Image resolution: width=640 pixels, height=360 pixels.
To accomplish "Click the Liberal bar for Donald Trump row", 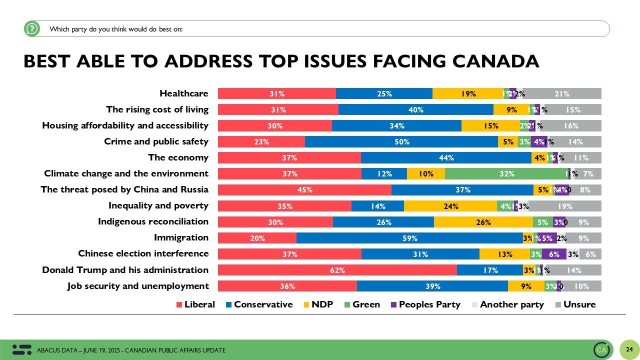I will pyautogui.click(x=337, y=270).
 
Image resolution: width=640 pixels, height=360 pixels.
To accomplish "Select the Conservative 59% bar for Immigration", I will pyautogui.click(x=410, y=238).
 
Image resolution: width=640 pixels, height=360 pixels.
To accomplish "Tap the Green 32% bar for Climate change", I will pyautogui.click(x=506, y=174).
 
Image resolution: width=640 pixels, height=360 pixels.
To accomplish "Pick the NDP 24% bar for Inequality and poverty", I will pyautogui.click(x=450, y=206).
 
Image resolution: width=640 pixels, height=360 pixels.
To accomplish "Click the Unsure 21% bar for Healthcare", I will pyautogui.click(x=562, y=93).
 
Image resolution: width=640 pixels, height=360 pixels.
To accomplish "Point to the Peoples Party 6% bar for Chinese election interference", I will pyautogui.click(x=554, y=254).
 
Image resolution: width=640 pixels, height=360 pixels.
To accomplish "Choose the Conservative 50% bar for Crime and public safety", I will pyautogui.click(x=401, y=142).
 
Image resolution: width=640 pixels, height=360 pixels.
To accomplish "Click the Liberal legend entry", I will pyautogui.click(x=195, y=304).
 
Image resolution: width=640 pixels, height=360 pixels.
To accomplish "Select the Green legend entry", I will pyautogui.click(x=361, y=304).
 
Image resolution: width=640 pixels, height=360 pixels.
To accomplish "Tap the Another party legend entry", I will pyautogui.click(x=507, y=304).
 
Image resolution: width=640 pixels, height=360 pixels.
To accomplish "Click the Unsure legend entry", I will pyautogui.click(x=575, y=304).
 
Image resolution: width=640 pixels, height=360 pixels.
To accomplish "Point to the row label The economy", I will pyautogui.click(x=178, y=157).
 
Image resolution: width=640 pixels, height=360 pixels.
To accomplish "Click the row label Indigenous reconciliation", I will pyautogui.click(x=153, y=221).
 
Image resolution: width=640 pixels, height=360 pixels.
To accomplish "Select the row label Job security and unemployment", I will pyautogui.click(x=138, y=286).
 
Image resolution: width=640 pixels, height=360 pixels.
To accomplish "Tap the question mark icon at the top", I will pyautogui.click(x=31, y=29).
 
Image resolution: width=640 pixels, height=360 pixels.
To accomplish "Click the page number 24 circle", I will pyautogui.click(x=629, y=349).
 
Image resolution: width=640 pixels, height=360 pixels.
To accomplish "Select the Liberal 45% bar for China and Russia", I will pyautogui.click(x=304, y=190).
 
